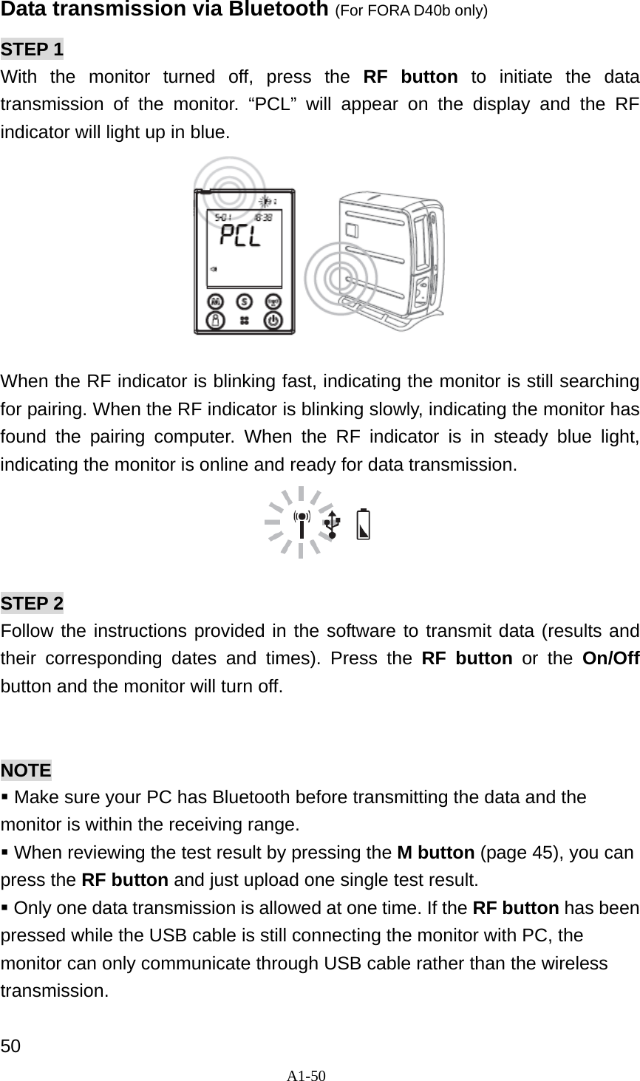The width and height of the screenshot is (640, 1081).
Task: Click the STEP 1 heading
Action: [33, 50]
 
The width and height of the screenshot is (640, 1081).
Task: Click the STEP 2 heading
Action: [33, 603]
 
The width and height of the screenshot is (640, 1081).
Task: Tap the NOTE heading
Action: [27, 770]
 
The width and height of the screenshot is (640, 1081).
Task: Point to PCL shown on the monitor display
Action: [242, 237]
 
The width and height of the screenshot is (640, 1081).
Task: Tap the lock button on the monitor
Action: [215, 321]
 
